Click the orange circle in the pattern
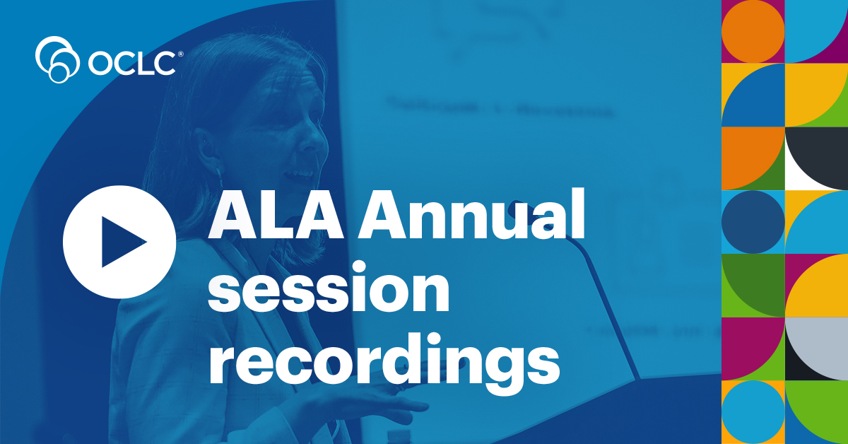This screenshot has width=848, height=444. pyautogui.click(x=753, y=32)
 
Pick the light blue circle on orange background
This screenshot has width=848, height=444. pyautogui.click(x=753, y=412)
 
